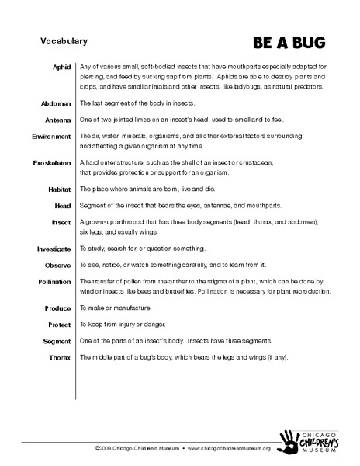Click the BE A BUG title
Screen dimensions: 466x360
click(289, 41)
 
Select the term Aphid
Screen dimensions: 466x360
click(62, 68)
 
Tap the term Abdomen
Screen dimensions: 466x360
click(56, 103)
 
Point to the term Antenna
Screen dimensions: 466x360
click(57, 120)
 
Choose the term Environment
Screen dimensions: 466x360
click(51, 136)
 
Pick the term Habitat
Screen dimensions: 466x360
click(59, 189)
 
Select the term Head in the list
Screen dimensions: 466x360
click(62, 205)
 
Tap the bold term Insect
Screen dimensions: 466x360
click(60, 222)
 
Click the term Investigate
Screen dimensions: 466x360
click(54, 249)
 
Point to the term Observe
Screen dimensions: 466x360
click(57, 266)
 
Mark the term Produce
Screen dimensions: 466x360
click(57, 308)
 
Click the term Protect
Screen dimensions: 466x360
click(59, 325)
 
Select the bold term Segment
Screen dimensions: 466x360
click(57, 341)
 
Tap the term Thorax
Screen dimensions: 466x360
click(60, 357)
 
